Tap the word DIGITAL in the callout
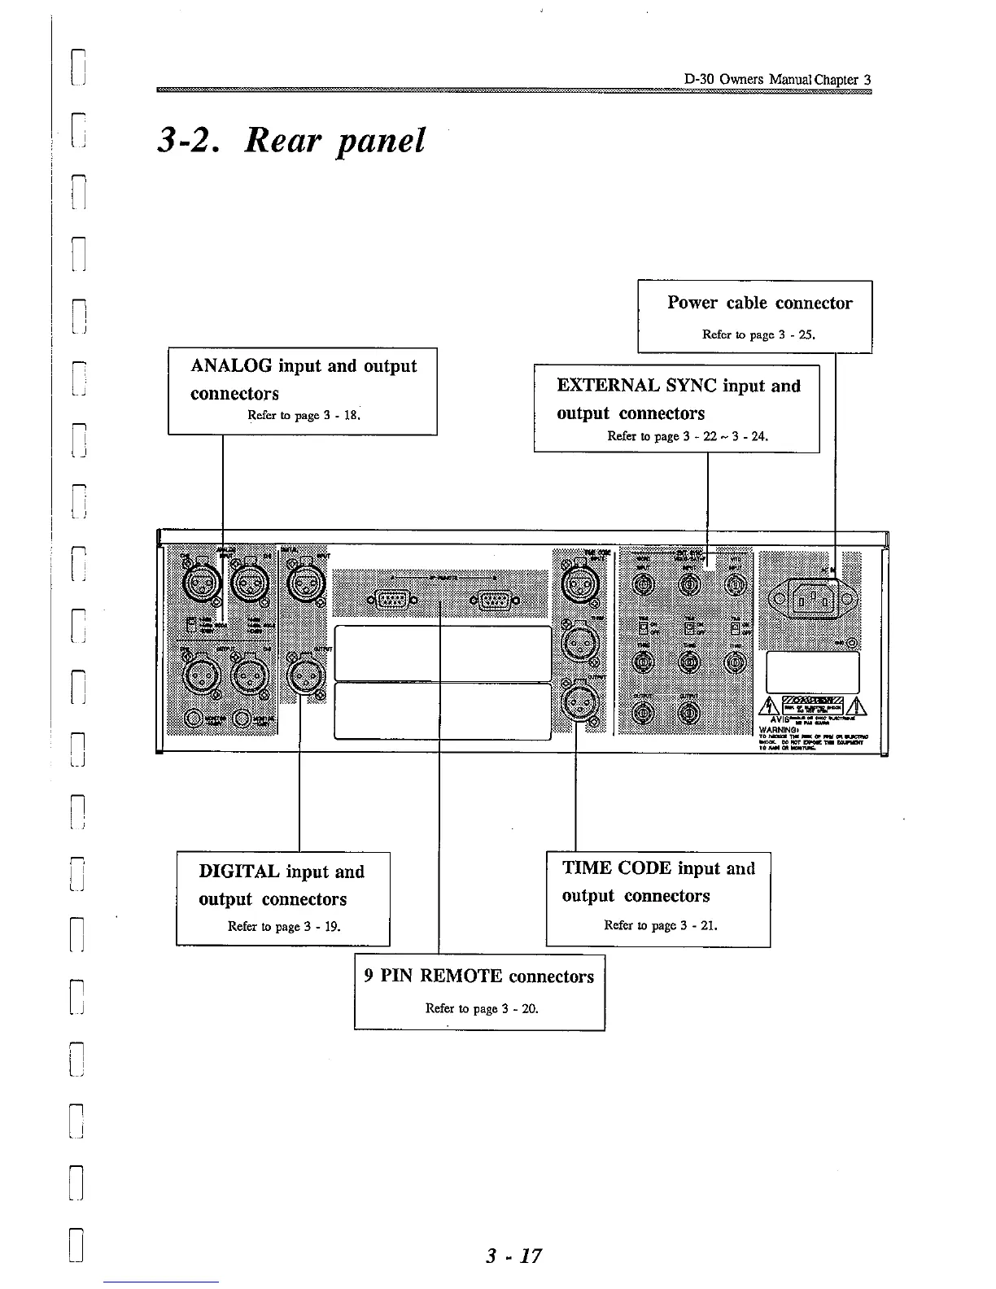240,872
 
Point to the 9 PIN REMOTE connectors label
479,977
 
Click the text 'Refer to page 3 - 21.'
661,925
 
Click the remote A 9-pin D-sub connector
393,601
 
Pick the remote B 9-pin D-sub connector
493,601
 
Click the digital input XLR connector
306,583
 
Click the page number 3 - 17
513,1256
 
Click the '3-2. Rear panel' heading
291,141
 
